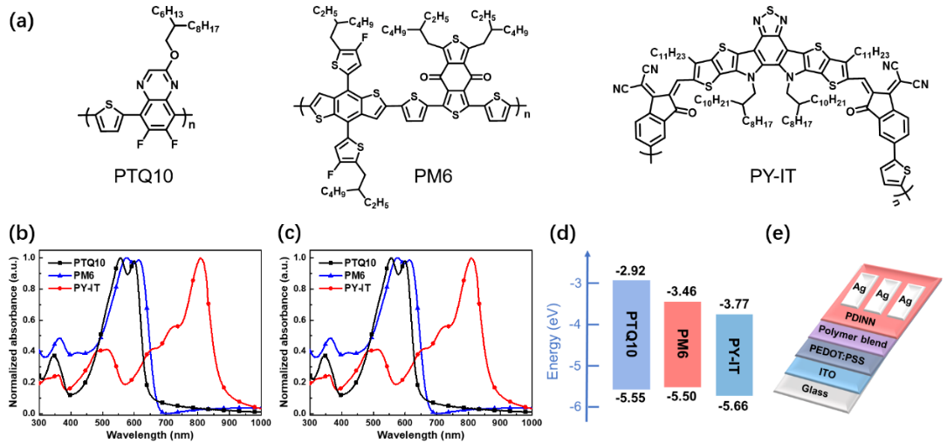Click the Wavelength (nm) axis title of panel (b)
(x=148, y=433)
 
